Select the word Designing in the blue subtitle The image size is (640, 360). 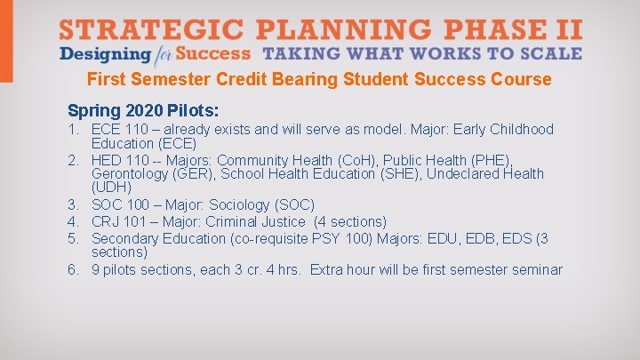(95, 53)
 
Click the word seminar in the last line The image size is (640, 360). (535, 269)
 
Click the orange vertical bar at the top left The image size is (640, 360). (6, 41)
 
